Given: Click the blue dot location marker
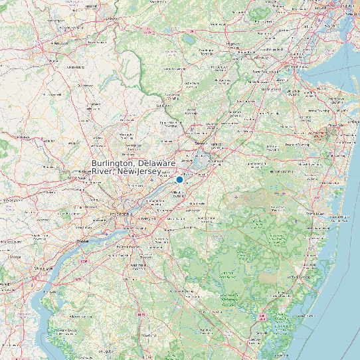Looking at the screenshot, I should point(179,179).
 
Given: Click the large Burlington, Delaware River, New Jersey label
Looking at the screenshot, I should point(133,167).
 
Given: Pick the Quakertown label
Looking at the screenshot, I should point(85,85).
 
